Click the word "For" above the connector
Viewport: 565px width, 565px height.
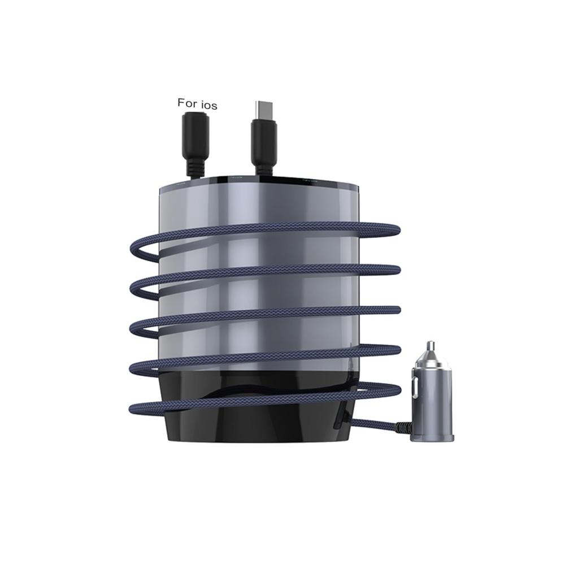tap(186, 103)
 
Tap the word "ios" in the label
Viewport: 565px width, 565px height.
tap(208, 105)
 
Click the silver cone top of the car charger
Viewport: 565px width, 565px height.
tap(429, 359)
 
